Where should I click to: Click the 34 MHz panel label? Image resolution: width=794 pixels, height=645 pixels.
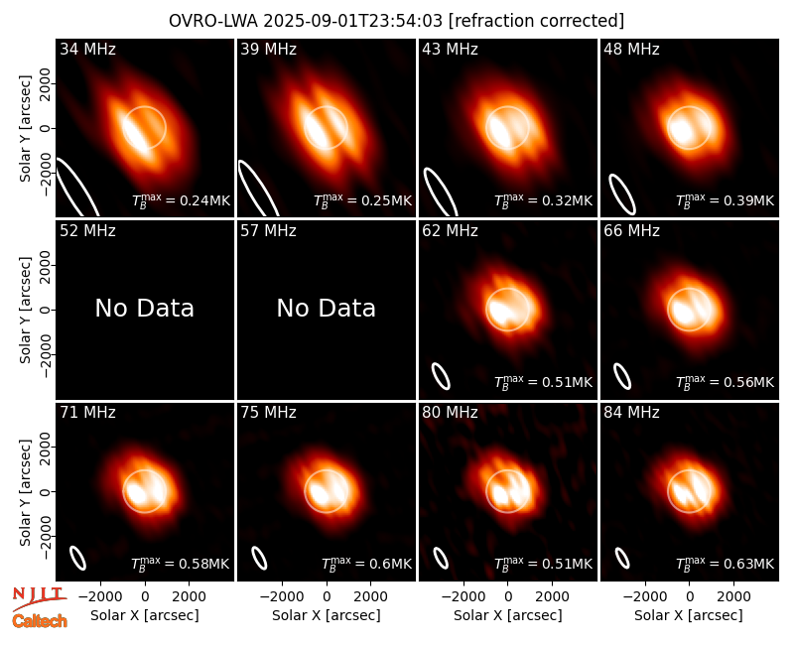pos(87,49)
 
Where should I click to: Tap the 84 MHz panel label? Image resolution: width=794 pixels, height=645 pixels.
pos(631,413)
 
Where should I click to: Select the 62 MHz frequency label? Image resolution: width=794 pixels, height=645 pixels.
pos(451,231)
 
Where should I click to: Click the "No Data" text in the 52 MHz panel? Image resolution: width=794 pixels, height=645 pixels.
pos(145,308)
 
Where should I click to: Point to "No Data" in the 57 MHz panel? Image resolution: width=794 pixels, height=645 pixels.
pos(327,308)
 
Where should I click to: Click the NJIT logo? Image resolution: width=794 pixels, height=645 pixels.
pos(39,596)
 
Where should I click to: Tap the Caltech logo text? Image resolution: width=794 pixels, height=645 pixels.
pos(40,621)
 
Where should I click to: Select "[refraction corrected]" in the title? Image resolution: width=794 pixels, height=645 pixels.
pos(536,21)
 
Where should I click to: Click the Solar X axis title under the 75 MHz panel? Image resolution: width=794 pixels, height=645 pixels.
pos(327,615)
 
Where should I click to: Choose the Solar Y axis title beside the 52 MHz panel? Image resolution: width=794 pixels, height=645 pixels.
pos(25,310)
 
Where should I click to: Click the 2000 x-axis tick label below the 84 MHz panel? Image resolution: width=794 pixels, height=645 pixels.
pos(733,596)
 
